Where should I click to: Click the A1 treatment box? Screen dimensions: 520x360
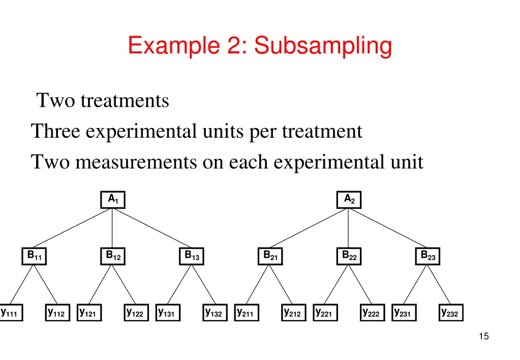click(x=113, y=200)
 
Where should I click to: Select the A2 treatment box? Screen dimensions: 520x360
click(x=349, y=200)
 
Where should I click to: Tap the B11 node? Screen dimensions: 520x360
click(x=34, y=256)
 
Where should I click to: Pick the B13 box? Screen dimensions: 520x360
click(x=192, y=256)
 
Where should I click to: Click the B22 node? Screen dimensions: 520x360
click(x=349, y=256)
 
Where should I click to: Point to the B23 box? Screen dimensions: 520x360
click(x=428, y=256)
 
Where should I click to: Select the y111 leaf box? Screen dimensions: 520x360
click(x=11, y=313)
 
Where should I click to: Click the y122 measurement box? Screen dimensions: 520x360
click(x=136, y=313)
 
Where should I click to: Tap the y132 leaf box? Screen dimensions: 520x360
click(x=215, y=313)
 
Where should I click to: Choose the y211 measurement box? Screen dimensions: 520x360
click(x=247, y=313)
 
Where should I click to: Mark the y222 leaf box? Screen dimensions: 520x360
click(x=373, y=313)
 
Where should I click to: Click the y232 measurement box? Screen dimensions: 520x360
click(x=451, y=313)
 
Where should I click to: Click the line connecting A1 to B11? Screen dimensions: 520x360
click(x=72, y=228)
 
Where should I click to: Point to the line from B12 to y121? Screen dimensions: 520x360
click(x=100, y=285)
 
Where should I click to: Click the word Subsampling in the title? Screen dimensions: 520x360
click(x=323, y=46)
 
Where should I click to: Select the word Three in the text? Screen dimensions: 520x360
click(x=56, y=131)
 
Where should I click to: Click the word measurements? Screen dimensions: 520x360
click(x=136, y=162)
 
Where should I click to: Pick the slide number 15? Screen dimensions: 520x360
click(x=484, y=336)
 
